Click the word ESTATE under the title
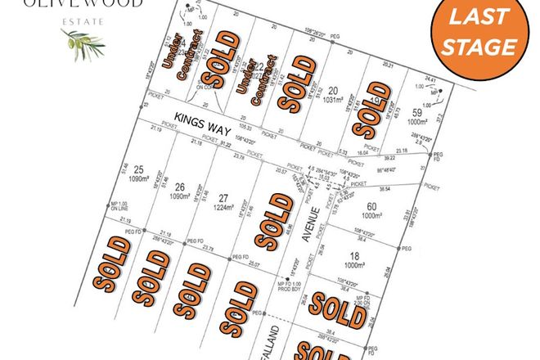click(x=82, y=20)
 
